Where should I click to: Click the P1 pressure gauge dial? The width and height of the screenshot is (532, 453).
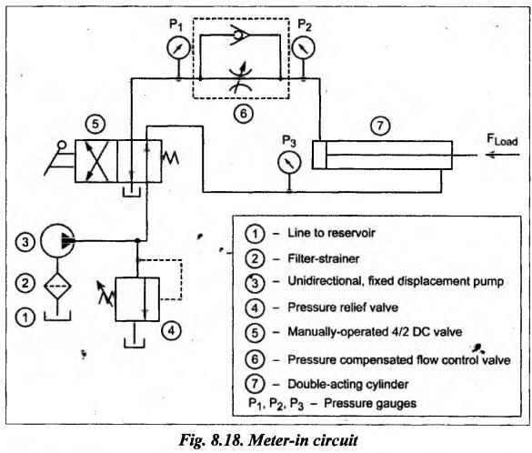point(178,47)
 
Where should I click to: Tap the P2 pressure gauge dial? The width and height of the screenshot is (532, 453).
point(303,47)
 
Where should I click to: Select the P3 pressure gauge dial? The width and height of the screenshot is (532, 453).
point(289,163)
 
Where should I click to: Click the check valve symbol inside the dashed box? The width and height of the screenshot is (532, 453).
point(241,35)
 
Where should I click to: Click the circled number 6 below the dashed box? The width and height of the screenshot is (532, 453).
point(244,114)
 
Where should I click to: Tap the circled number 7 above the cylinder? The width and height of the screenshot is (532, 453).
point(380,126)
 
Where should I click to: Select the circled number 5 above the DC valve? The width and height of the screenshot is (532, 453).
point(95,124)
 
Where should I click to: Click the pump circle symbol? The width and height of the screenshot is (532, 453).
point(57,240)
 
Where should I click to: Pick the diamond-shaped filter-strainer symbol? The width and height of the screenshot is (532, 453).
point(57,286)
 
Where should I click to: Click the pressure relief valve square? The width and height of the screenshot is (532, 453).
point(137,299)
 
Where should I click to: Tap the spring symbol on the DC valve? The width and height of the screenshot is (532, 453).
point(170,157)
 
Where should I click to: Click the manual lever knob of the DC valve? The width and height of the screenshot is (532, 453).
point(62,146)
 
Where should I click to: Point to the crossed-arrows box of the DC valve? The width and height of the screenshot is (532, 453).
point(96,161)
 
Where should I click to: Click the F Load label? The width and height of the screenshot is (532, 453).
point(502,139)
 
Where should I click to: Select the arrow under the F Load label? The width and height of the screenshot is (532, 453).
point(503,155)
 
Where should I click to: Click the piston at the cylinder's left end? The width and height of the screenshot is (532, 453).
point(319,155)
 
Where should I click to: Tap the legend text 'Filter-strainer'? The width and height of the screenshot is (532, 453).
point(324,259)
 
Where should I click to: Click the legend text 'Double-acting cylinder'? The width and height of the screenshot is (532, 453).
point(348,384)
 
